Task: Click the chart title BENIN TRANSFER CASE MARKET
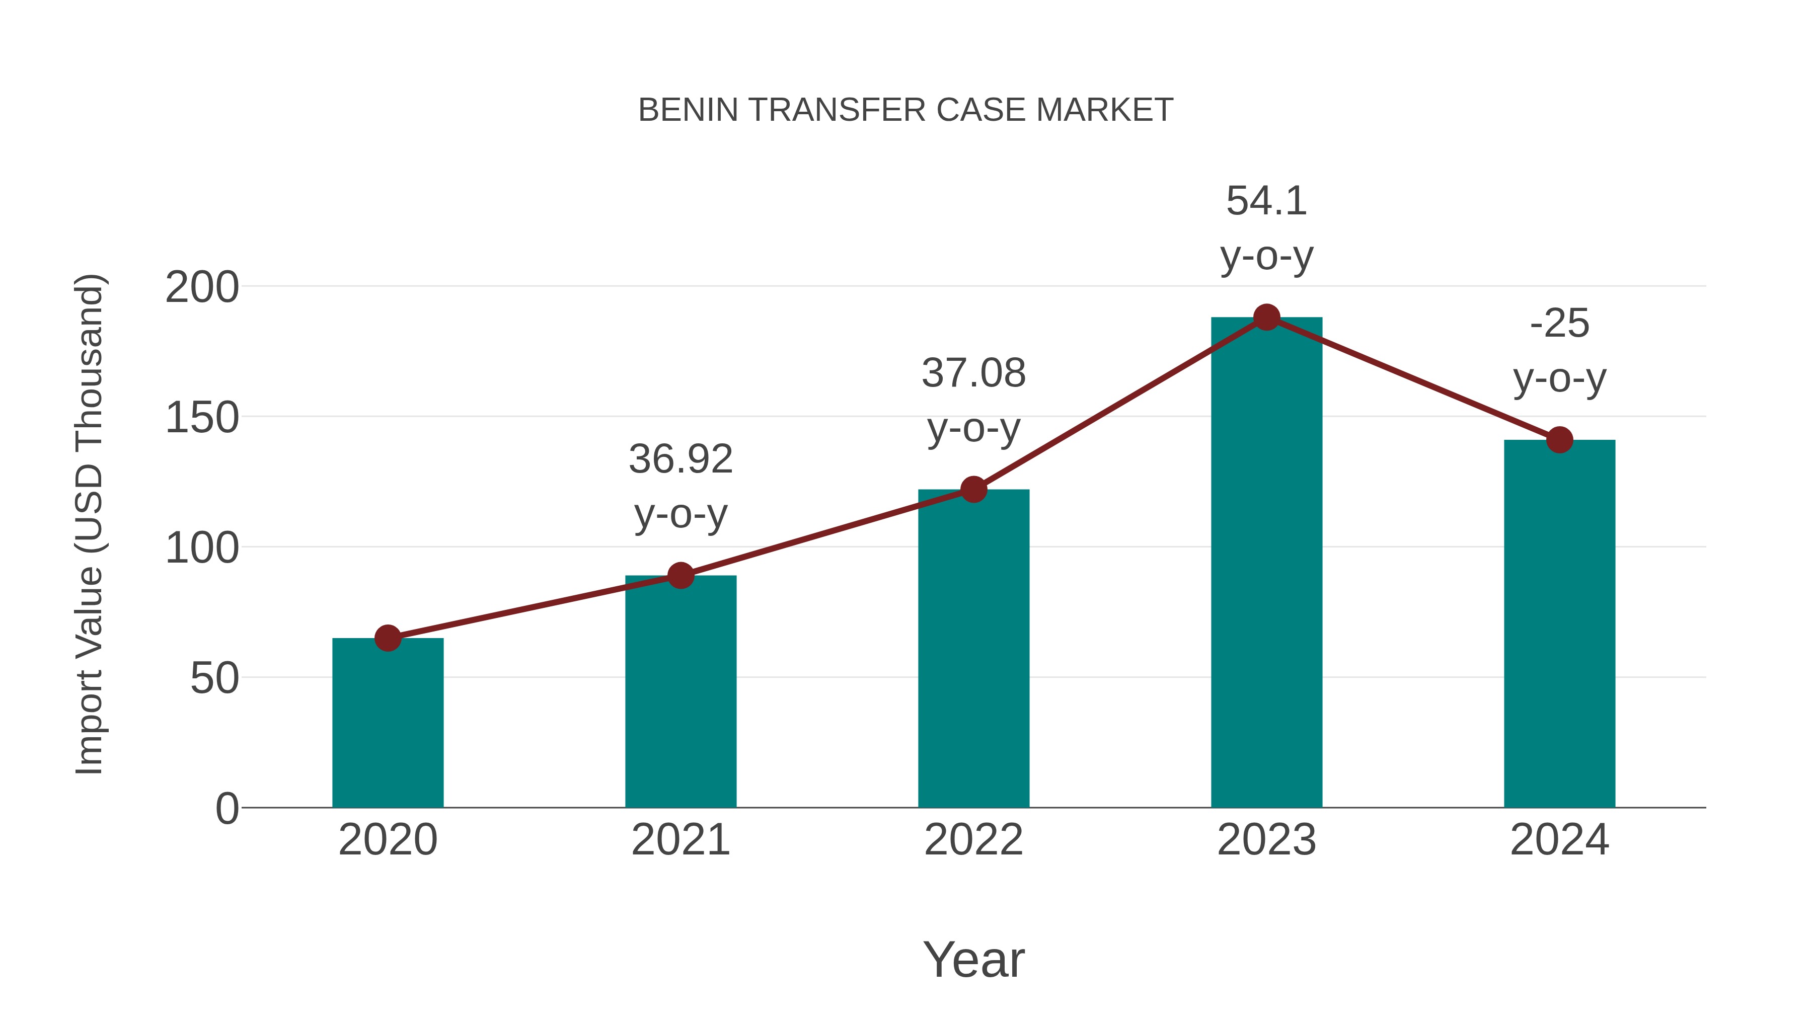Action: coord(905,110)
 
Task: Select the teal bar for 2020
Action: coord(388,724)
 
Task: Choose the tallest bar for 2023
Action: coord(1266,563)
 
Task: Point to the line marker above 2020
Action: coord(388,638)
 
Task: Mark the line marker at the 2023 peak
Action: coord(1266,317)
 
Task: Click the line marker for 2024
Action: coord(1559,439)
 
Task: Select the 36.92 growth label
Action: coord(680,459)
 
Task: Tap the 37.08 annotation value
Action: coord(973,373)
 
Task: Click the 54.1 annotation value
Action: coord(1266,201)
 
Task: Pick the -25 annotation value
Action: coord(1559,324)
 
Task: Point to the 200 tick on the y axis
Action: coord(202,288)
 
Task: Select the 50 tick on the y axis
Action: coord(214,679)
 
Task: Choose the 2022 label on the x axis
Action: coord(973,840)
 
